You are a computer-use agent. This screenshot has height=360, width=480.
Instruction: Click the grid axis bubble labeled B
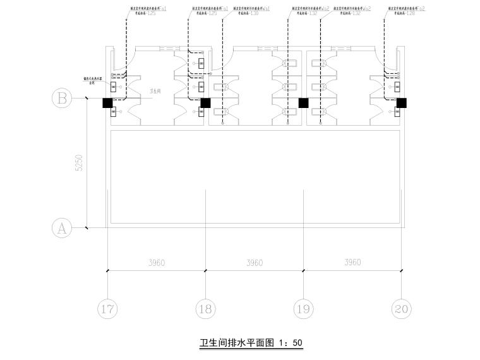coord(61,99)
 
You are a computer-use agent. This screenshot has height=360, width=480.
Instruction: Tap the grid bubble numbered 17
coord(108,309)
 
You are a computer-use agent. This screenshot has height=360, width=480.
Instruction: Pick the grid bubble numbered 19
coord(304,309)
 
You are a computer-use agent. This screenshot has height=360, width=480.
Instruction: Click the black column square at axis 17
coord(107,102)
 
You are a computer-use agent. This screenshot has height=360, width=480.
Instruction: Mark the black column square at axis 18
coord(205,102)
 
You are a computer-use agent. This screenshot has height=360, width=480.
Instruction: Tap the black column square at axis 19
coord(303,102)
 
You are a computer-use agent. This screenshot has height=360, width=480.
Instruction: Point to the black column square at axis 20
coord(401,102)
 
